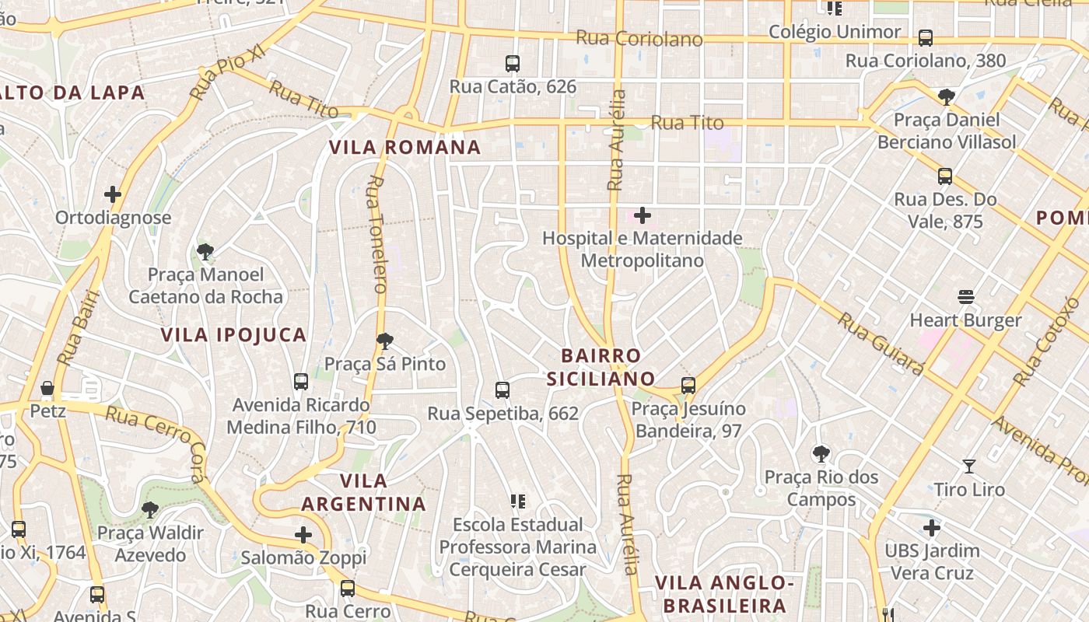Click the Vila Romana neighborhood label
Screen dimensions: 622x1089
pos(404,147)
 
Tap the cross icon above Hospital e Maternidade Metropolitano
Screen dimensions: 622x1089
pos(643,215)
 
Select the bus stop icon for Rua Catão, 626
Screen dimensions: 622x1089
pos(512,64)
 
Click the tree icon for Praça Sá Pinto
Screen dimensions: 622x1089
pos(384,341)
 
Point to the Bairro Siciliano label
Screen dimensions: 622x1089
pos(601,367)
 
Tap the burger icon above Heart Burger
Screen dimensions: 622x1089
pos(966,297)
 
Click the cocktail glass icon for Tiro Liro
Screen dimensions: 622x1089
pos(968,466)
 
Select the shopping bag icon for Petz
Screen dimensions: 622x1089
pos(47,387)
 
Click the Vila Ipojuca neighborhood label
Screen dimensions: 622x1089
pos(233,335)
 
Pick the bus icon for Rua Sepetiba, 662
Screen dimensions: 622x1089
pos(502,390)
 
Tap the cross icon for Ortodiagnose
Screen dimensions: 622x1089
pos(113,194)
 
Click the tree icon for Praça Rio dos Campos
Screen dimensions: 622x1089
pos(821,453)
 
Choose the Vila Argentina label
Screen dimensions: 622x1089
pos(363,492)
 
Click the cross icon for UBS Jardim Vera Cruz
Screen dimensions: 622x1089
pos(932,528)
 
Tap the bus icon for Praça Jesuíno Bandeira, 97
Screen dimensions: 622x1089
pos(688,385)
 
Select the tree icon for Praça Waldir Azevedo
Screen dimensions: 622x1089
pos(150,510)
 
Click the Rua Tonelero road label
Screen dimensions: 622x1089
pos(376,234)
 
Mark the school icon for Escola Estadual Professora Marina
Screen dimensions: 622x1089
pos(517,501)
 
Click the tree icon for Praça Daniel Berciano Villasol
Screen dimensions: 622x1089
pos(946,97)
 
